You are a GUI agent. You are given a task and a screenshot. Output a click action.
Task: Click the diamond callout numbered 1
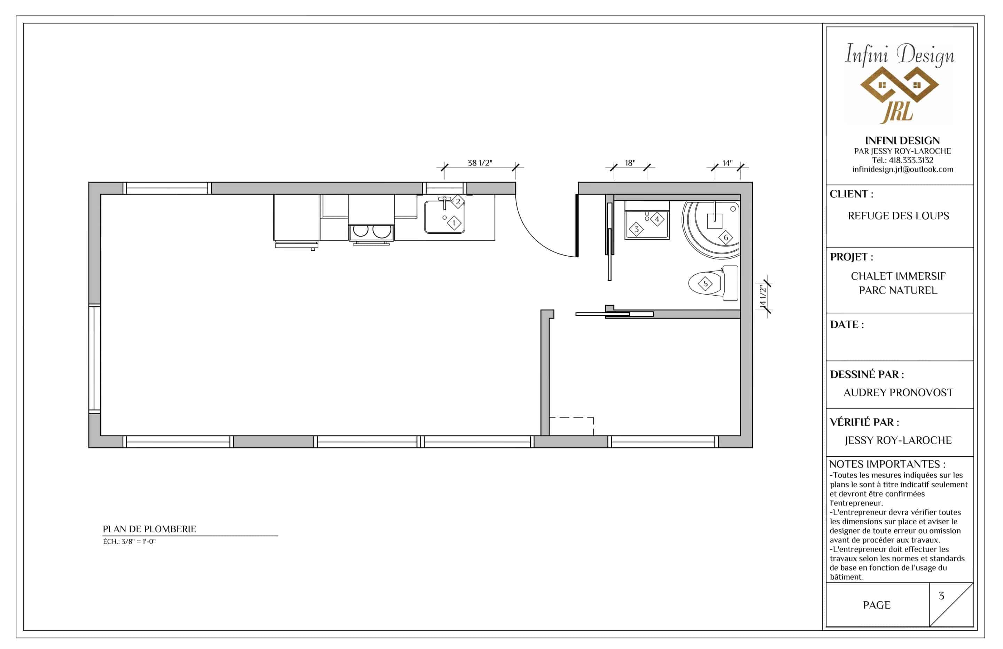pos(454,223)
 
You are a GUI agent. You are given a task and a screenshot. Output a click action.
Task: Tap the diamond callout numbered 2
pos(458,202)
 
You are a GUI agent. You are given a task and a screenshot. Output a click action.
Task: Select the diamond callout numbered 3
pos(636,229)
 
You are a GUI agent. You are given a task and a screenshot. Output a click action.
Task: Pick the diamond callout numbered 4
pos(656,219)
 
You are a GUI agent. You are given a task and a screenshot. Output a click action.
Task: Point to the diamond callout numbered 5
pos(706,284)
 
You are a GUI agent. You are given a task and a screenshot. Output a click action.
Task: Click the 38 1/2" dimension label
pos(480,163)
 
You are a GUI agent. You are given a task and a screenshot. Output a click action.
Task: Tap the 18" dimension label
pos(630,163)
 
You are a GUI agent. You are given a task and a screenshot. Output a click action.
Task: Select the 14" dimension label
pos(728,163)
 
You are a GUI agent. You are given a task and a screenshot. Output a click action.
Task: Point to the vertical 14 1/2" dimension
pos(762,297)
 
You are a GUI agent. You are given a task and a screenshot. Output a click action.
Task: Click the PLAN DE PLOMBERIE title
pos(150,529)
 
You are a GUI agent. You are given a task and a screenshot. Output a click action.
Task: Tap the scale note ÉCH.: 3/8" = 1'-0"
pos(129,541)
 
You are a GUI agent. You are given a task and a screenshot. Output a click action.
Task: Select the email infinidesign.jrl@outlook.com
pos(903,170)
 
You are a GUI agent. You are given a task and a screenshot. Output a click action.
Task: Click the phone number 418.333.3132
pos(911,160)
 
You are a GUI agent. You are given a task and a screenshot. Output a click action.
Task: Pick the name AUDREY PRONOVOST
pos(898,393)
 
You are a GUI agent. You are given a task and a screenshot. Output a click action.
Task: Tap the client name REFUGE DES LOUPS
pos(899,216)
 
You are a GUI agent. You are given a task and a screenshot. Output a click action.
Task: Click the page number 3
pos(941,596)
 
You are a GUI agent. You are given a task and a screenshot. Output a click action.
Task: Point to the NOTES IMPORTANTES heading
pos(887,464)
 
